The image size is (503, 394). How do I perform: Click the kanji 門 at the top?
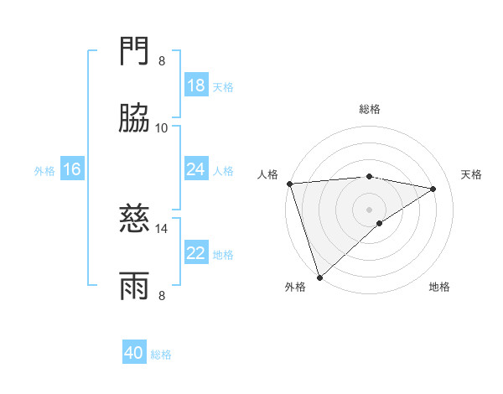pyautogui.click(x=135, y=53)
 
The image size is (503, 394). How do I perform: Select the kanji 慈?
pyautogui.click(x=135, y=220)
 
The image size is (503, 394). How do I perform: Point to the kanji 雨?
pyautogui.click(x=135, y=286)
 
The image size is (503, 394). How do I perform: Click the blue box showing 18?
pyautogui.click(x=195, y=86)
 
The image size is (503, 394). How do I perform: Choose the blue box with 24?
pyautogui.click(x=195, y=169)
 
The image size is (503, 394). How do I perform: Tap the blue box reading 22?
pyautogui.click(x=195, y=253)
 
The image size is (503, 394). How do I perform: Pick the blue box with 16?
pyautogui.click(x=72, y=169)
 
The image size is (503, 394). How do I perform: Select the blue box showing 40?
pyautogui.click(x=134, y=353)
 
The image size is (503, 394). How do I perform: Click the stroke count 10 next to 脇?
pyautogui.click(x=162, y=127)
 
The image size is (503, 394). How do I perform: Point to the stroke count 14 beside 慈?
pyautogui.click(x=162, y=228)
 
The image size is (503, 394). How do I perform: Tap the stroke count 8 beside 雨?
pyautogui.click(x=162, y=294)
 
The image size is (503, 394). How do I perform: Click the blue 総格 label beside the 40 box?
pyautogui.click(x=161, y=355)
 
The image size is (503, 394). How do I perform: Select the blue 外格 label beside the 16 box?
pyautogui.click(x=44, y=170)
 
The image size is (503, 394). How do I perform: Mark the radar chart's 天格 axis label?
pyautogui.click(x=472, y=174)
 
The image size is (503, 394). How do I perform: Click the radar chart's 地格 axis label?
pyautogui.click(x=439, y=287)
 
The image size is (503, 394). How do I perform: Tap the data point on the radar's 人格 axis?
pyautogui.click(x=289, y=184)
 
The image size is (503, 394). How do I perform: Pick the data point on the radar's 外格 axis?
pyautogui.click(x=319, y=277)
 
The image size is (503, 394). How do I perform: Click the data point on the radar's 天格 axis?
pyautogui.click(x=433, y=189)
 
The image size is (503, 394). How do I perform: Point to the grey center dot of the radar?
pyautogui.click(x=369, y=209)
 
